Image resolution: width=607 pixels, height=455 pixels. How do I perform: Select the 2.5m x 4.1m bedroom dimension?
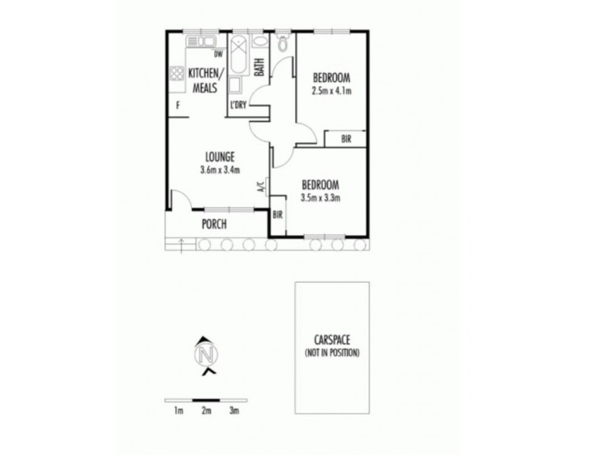pos(331,91)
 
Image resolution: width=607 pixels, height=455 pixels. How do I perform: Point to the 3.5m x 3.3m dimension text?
pos(319,199)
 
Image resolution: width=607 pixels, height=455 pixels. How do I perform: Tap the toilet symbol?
pos(284,42)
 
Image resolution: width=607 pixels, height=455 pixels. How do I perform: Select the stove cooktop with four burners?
pos(177,74)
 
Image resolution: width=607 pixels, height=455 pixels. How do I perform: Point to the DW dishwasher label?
pos(219,54)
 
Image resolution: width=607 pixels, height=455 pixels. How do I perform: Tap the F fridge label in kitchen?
pos(178,105)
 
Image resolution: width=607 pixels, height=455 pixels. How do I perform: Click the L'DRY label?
pos(238,105)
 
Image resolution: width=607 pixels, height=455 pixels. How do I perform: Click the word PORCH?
pos(215,224)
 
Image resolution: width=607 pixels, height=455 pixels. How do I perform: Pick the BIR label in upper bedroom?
pos(345,139)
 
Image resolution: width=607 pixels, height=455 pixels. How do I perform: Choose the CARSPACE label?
pos(332,343)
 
